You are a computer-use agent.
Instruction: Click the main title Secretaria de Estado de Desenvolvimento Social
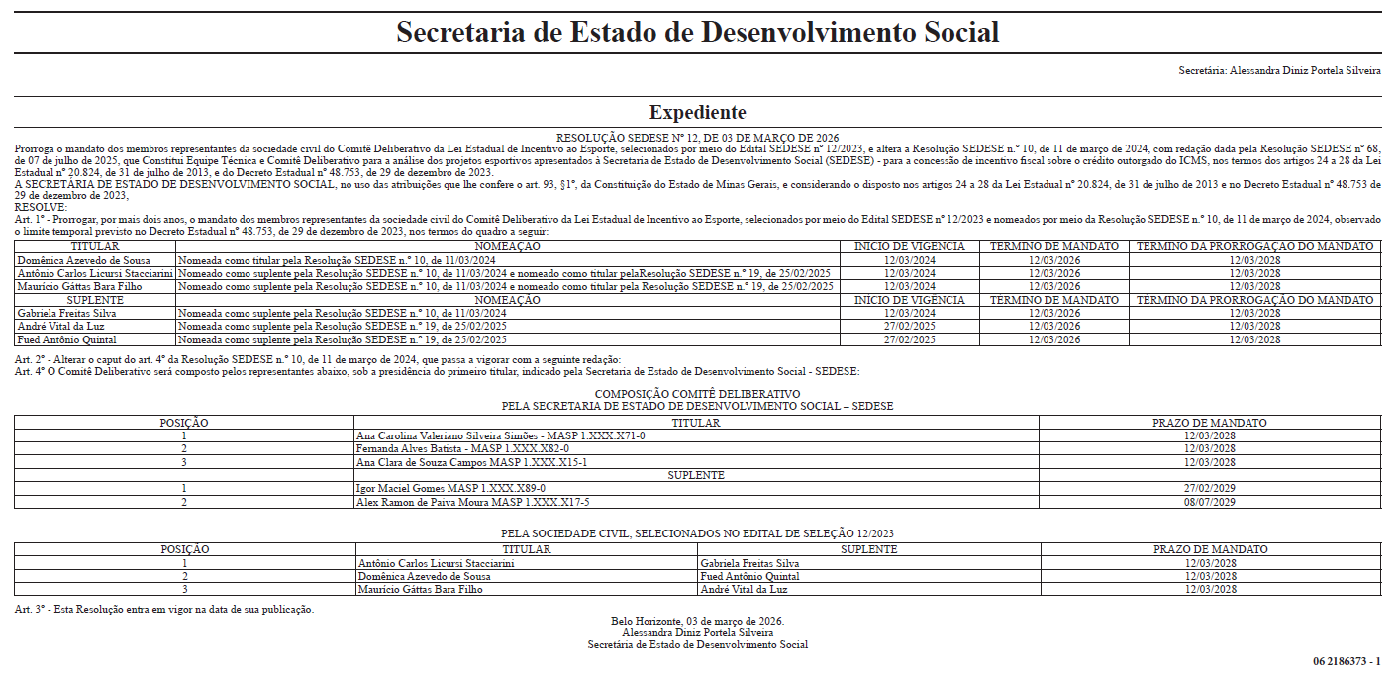click(697, 32)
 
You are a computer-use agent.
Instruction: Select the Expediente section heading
click(697, 112)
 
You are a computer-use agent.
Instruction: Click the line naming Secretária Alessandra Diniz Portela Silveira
click(1279, 71)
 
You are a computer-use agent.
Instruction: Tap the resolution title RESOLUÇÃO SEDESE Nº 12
click(697, 138)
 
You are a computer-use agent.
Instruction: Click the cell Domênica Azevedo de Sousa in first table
click(83, 259)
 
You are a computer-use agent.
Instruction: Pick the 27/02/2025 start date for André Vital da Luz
click(909, 326)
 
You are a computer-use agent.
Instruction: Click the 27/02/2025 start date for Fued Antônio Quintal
click(909, 339)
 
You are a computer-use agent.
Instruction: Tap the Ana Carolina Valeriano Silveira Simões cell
click(500, 435)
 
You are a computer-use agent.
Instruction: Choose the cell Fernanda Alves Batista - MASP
click(462, 448)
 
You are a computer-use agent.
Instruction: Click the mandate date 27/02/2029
click(1209, 488)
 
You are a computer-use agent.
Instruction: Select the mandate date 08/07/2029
click(1209, 502)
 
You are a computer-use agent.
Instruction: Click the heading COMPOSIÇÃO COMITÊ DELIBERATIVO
click(697, 394)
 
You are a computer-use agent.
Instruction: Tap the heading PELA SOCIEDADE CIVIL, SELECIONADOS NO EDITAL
click(697, 533)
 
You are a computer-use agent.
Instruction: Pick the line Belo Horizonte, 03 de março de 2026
click(697, 622)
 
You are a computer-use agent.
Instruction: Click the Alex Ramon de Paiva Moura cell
click(472, 502)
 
